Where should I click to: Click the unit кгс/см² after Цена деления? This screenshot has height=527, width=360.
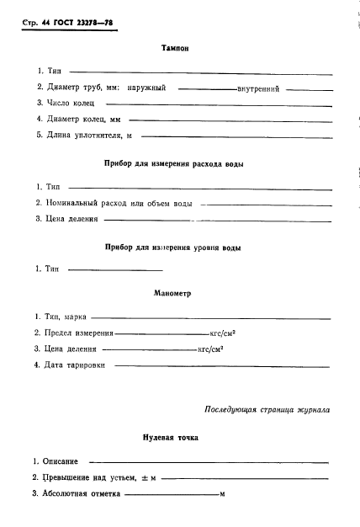[209, 349]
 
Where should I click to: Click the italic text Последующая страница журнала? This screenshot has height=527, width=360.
[267, 410]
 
